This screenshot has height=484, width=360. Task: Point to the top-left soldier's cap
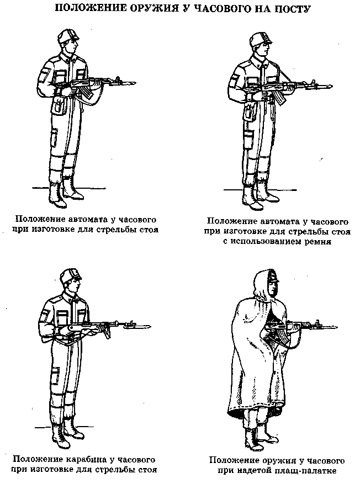click(x=68, y=36)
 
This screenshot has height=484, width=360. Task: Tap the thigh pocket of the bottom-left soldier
click(x=55, y=376)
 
